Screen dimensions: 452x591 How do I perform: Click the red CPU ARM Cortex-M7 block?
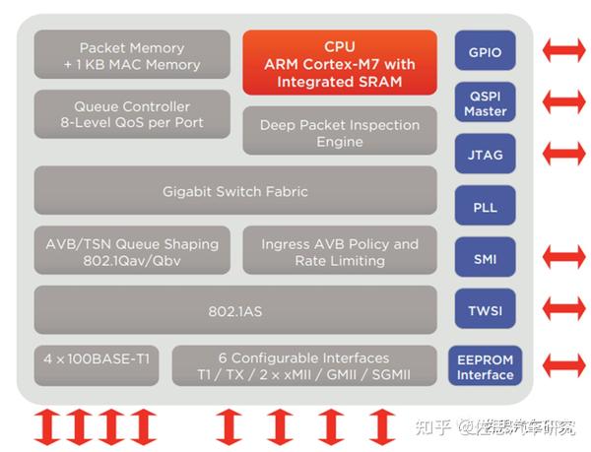340,62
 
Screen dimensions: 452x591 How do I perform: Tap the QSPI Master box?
485,102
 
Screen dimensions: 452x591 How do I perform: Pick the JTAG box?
485,154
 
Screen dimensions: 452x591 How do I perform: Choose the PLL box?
485,206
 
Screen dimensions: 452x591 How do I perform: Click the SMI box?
485,259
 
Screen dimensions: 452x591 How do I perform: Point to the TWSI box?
485,311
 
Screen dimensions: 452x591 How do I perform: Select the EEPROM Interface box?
485,366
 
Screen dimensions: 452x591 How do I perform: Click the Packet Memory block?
132,55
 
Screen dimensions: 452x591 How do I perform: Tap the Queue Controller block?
132,114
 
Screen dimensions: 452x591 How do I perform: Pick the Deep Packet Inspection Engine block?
340,133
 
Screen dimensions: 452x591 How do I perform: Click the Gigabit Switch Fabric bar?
235,191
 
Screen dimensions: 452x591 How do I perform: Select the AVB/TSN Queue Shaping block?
132,251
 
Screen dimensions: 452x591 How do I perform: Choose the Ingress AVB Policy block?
340,251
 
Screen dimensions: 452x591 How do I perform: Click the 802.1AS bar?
235,310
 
